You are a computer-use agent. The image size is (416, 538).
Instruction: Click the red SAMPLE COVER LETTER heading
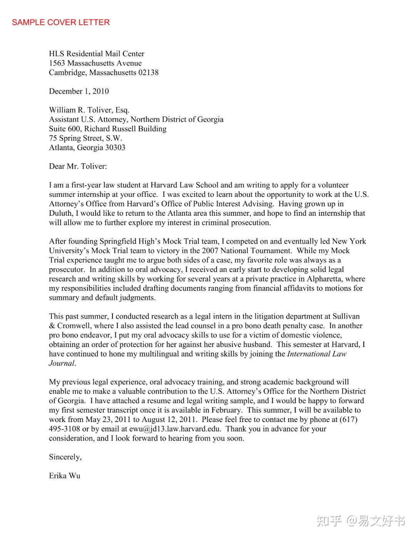point(61,22)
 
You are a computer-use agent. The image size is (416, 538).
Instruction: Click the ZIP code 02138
point(148,72)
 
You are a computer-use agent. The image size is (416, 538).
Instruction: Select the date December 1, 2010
point(79,91)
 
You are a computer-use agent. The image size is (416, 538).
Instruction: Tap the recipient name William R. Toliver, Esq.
point(89,110)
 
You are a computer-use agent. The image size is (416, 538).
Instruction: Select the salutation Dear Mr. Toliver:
point(78,166)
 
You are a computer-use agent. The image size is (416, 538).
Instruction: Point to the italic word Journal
point(62,363)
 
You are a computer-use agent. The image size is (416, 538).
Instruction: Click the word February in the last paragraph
point(226,410)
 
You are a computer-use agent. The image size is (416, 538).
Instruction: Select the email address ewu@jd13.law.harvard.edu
point(175,429)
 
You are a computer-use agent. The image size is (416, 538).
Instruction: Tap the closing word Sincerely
point(65,457)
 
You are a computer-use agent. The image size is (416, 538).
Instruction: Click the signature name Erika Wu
point(65,476)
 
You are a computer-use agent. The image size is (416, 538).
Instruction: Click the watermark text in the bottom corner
point(361,521)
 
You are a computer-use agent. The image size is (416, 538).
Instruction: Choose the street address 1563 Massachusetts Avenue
point(95,63)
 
